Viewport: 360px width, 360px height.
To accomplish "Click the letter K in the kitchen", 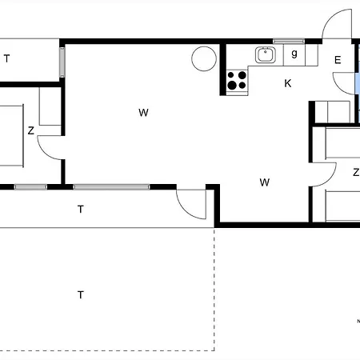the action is pyautogui.click(x=288, y=83).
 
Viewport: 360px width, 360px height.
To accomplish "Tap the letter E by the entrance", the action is pyautogui.click(x=338, y=60).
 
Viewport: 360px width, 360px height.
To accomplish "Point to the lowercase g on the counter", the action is pyautogui.click(x=294, y=54).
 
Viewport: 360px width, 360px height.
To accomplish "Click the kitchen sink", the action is pyautogui.click(x=266, y=55).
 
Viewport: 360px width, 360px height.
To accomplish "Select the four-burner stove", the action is pyautogui.click(x=237, y=81).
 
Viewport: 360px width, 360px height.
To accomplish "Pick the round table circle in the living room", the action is pyautogui.click(x=204, y=58).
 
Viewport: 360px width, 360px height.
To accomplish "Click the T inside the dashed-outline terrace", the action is pyautogui.click(x=81, y=295).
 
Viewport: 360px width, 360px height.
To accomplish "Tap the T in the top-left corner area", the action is pyautogui.click(x=7, y=58).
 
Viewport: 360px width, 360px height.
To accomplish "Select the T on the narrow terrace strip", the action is pyautogui.click(x=81, y=209).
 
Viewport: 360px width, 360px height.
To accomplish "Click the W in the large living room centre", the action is pyautogui.click(x=143, y=113).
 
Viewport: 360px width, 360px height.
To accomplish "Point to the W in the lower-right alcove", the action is pyautogui.click(x=265, y=182).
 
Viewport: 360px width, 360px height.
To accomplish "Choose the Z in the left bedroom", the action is pyautogui.click(x=31, y=130).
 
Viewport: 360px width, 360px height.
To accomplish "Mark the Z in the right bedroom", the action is pyautogui.click(x=356, y=172).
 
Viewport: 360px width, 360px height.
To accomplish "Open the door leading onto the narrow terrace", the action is pyautogui.click(x=184, y=210).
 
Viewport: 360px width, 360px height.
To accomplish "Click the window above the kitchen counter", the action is pyautogui.click(x=289, y=42).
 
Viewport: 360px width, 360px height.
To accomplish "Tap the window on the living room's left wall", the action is pyautogui.click(x=62, y=62).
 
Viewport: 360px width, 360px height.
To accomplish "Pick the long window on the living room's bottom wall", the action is pyautogui.click(x=111, y=187).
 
